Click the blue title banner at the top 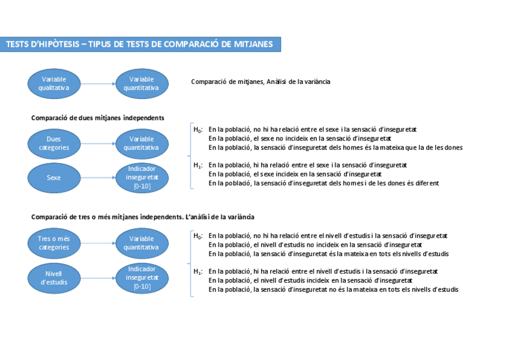coord(140,44)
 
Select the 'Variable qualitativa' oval coord(53,83)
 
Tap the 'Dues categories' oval coord(53,143)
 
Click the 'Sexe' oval coord(53,177)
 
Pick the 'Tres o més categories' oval coord(53,243)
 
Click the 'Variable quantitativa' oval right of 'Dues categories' coord(142,143)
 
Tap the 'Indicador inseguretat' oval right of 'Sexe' coord(142,177)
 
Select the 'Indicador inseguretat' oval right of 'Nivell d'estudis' coord(142,278)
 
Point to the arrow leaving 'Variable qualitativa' coord(97,83)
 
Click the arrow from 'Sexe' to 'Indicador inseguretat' coord(97,177)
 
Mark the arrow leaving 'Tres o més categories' coord(97,243)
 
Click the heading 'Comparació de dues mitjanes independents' coord(98,118)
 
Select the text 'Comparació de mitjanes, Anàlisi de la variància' coord(261,81)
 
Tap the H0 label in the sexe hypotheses coord(197,130)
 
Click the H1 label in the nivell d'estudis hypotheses coord(197,272)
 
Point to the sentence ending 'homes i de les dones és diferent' coord(324,183)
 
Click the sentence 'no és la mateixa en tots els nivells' coord(333,290)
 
